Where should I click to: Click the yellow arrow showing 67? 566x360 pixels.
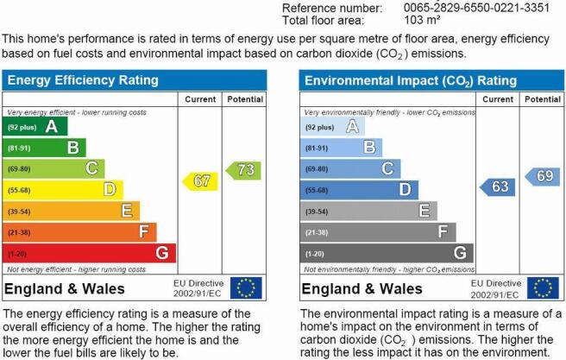click(201, 181)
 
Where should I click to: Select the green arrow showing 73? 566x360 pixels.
click(243, 170)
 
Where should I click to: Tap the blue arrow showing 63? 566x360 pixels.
click(498, 187)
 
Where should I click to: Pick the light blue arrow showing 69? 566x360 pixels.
click(542, 177)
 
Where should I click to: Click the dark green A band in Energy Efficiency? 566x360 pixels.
click(35, 126)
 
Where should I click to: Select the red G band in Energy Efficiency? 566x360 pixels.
click(89, 253)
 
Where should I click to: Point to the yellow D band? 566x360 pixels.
click(63, 190)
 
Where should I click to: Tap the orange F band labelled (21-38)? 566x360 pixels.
click(79, 232)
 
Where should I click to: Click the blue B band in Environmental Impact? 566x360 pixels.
click(341, 148)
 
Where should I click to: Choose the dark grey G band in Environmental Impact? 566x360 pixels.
click(387, 253)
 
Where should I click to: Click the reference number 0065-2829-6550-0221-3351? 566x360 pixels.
click(476, 8)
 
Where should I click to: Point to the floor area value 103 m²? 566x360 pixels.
click(422, 20)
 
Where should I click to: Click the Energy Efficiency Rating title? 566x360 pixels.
click(83, 80)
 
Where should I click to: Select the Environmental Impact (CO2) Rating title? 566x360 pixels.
click(411, 81)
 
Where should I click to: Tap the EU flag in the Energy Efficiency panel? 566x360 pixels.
click(246, 288)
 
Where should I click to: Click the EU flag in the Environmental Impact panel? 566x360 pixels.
click(543, 288)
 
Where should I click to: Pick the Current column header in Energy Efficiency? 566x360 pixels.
click(200, 99)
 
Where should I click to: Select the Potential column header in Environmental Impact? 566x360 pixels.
click(543, 99)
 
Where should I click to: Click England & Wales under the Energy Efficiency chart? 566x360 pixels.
click(65, 289)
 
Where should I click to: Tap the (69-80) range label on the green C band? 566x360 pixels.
click(19, 169)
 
